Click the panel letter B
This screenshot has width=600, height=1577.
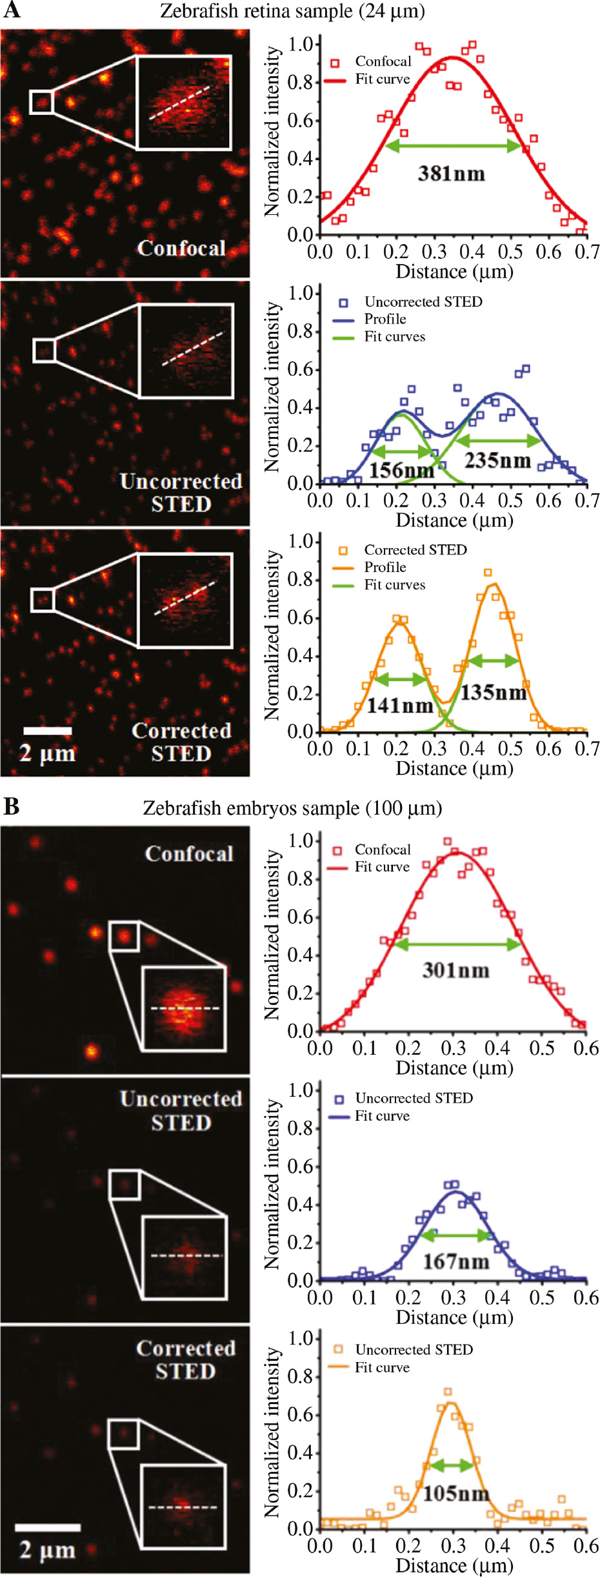pos(12,806)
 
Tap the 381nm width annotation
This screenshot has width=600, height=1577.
pos(451,174)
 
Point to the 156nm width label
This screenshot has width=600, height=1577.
pos(401,470)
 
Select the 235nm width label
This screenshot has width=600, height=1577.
pos(497,460)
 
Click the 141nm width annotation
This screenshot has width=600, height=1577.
pos(399,706)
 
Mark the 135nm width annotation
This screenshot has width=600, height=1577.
pos(494,693)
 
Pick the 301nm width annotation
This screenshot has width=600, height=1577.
pos(455,970)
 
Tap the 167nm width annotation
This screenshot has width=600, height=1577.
pos(455,1261)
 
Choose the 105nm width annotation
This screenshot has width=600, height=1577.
pos(455,1493)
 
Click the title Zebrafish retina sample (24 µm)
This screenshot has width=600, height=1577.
pos(292,11)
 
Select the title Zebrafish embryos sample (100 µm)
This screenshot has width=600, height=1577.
pos(292,808)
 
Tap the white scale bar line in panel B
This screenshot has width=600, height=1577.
pos(48,1527)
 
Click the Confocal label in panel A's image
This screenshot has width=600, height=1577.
pos(181,249)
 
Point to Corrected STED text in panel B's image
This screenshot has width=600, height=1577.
pos(185,1359)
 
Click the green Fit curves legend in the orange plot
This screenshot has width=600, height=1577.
pos(394,585)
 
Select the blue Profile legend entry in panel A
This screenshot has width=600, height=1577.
pos(385,319)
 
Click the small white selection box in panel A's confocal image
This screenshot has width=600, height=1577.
pos(41,102)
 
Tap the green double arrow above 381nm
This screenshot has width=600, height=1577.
pos(454,147)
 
